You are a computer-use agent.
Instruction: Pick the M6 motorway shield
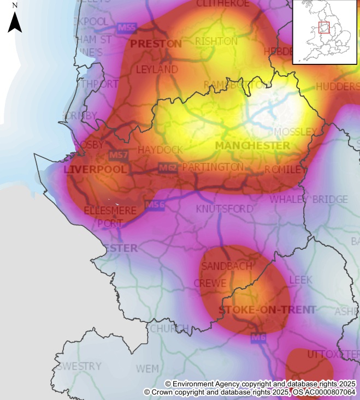[258, 338]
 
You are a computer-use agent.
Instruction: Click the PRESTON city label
[156, 44]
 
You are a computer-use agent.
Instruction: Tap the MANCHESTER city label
[252, 146]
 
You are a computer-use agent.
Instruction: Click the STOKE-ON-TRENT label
[267, 310]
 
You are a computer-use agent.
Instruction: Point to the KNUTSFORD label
[225, 209]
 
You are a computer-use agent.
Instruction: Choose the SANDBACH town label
[227, 266]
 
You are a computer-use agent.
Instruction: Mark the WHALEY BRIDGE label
[308, 199]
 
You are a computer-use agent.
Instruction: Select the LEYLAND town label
[157, 69]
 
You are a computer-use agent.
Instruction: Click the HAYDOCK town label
[161, 149]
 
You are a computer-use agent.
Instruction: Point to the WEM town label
[147, 369]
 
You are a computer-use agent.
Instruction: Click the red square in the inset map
[324, 28]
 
